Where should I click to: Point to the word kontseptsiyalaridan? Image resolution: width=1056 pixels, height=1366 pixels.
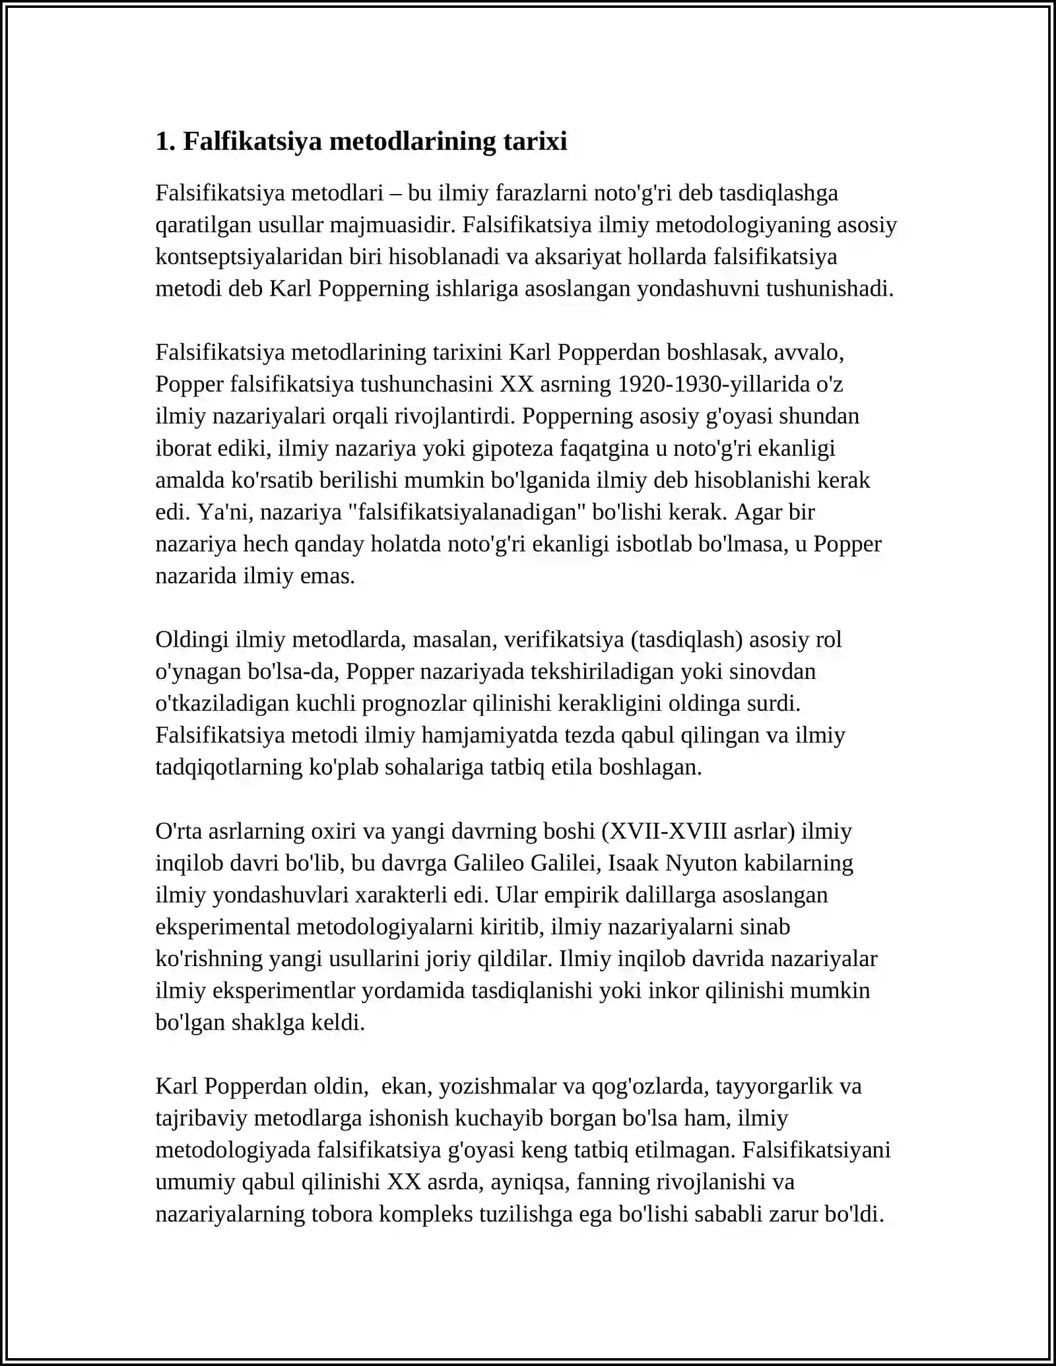(x=250, y=257)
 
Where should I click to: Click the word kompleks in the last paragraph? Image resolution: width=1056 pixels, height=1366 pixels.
(x=422, y=1214)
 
